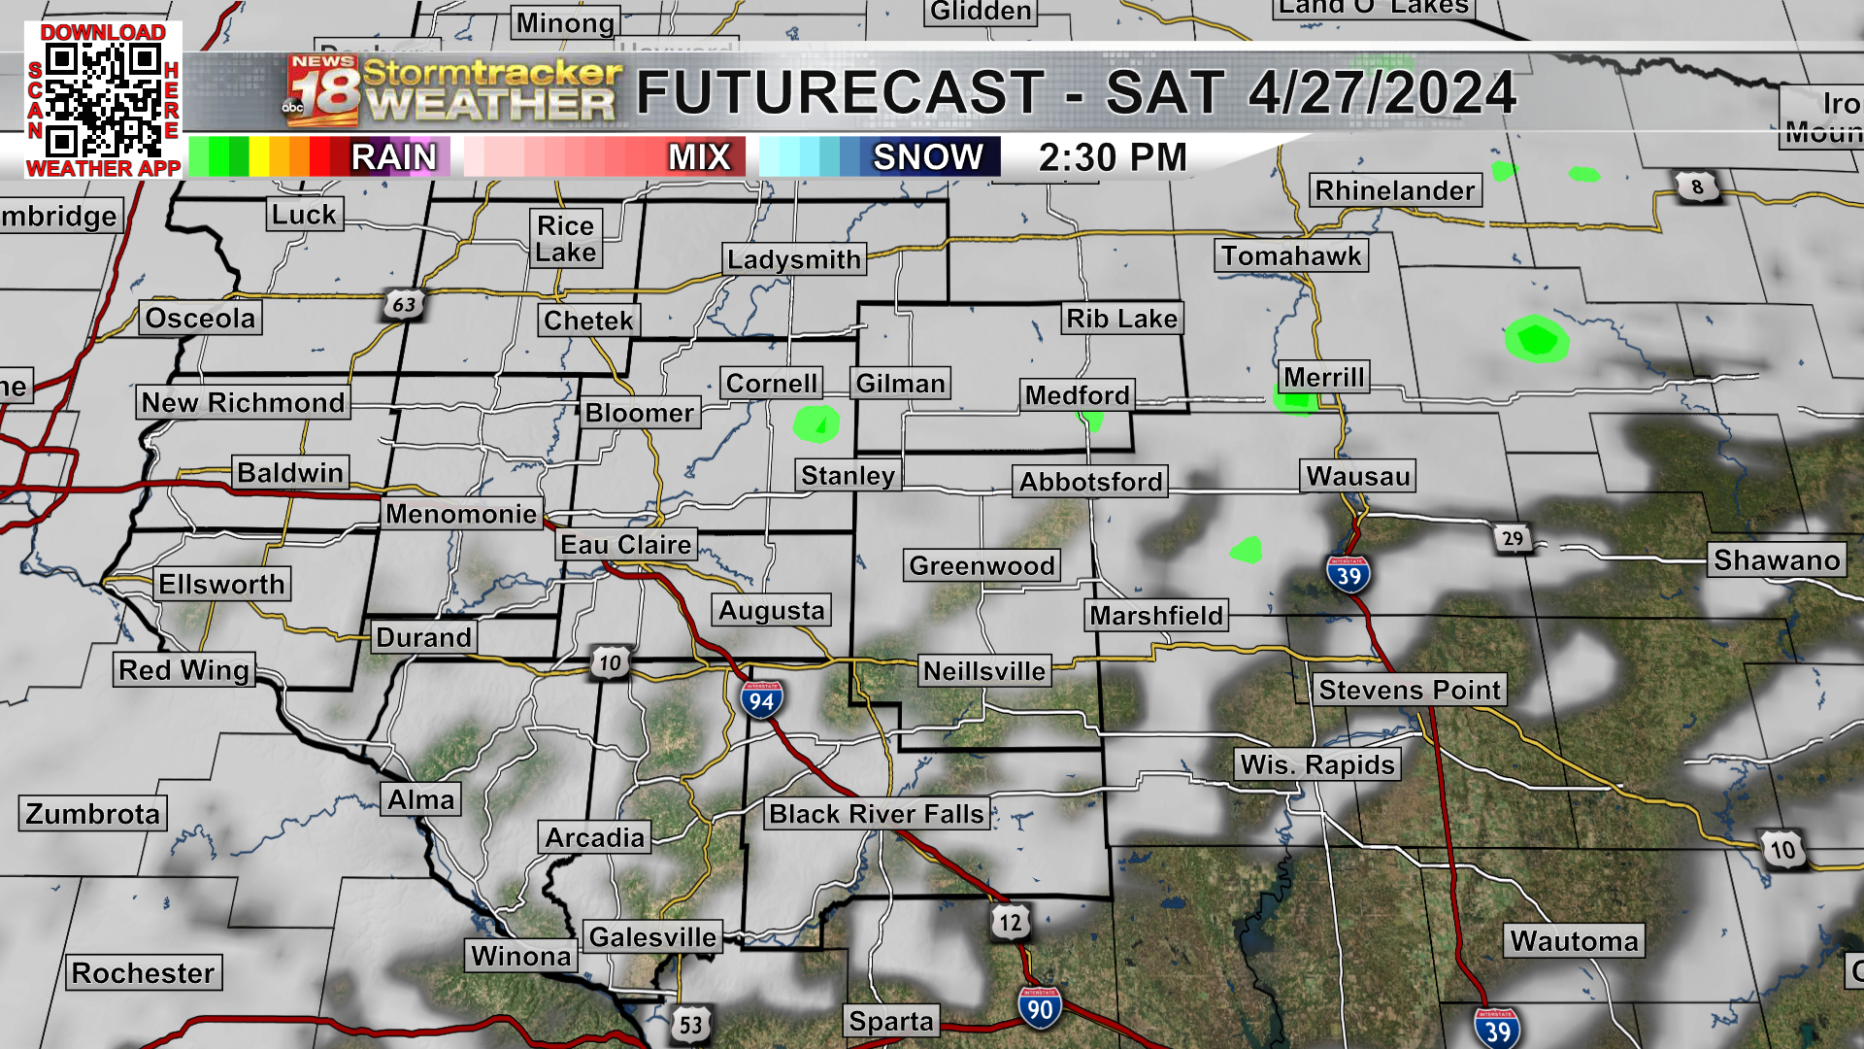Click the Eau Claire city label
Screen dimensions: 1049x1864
625,545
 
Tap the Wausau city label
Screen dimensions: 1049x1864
1357,476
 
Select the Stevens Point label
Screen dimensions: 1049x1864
1410,690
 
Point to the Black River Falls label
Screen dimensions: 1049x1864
877,814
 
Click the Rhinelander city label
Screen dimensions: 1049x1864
1394,190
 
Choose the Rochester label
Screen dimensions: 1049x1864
144,972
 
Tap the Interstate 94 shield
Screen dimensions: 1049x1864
761,699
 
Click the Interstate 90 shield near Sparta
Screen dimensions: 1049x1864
1040,1008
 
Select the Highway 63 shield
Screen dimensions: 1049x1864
404,305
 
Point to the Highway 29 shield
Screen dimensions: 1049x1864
1513,539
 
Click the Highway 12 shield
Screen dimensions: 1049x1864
1011,922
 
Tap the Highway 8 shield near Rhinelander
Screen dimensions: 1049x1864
1696,186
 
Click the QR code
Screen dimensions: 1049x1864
103,100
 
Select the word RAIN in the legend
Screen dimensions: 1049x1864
393,157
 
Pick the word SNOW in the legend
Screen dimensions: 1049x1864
927,157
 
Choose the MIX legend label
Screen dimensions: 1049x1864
699,157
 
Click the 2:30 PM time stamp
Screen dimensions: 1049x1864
1113,157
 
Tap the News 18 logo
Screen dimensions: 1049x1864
322,90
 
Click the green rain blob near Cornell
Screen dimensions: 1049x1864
816,423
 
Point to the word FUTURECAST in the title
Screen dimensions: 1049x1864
840,93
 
